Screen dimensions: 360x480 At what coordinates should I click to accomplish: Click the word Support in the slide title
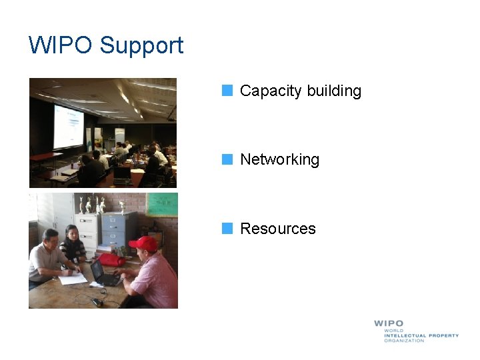click(x=141, y=46)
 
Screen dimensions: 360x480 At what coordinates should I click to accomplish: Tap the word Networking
click(x=279, y=160)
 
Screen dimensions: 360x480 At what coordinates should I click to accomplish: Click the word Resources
click(x=277, y=229)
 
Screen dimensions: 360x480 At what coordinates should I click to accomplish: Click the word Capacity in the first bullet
click(x=268, y=91)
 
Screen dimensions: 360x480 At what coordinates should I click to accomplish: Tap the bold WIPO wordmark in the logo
click(x=389, y=323)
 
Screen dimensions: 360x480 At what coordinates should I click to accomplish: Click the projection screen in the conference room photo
click(x=68, y=127)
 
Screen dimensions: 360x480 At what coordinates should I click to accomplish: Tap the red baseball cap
click(x=143, y=243)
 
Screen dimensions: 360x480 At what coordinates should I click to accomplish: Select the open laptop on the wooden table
click(x=104, y=273)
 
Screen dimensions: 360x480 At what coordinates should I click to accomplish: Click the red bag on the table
click(x=112, y=259)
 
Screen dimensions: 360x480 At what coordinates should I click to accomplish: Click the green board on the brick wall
click(x=162, y=204)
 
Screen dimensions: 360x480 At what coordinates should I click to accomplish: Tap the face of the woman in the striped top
click(x=72, y=235)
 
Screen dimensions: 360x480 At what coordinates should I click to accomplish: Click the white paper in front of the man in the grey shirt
click(x=73, y=279)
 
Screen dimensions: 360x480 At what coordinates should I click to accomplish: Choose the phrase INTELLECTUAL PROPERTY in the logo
click(x=421, y=335)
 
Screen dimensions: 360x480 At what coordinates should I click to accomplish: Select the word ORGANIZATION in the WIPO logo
click(x=404, y=341)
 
